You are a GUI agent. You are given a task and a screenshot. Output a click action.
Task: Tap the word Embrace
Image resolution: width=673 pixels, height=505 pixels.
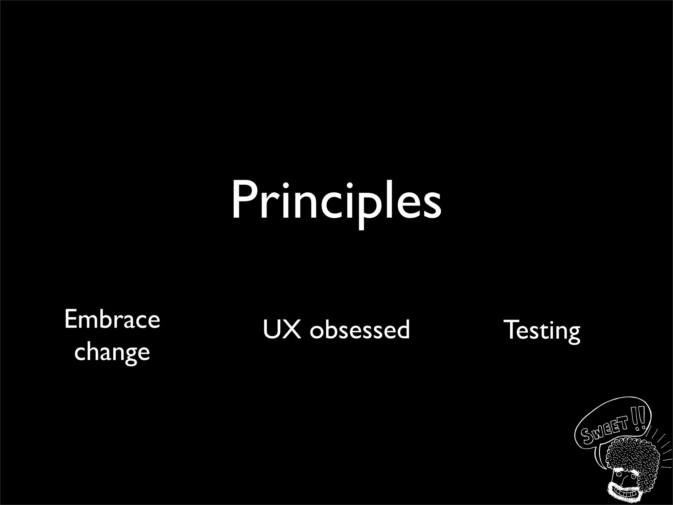click(x=112, y=319)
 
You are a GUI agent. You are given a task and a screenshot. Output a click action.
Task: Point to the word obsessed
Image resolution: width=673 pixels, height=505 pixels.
click(x=360, y=329)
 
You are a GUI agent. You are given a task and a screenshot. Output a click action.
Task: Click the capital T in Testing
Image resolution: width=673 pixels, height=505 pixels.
click(x=513, y=329)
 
